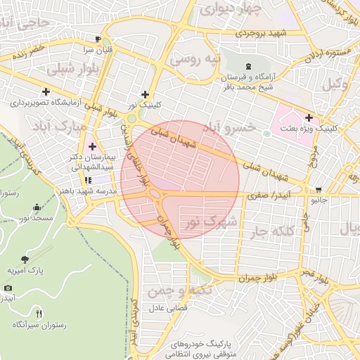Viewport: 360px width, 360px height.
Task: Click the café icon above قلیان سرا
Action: point(98,39)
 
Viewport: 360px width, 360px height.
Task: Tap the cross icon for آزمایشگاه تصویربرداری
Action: point(46,91)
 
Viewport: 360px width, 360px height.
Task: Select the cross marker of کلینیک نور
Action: point(145,94)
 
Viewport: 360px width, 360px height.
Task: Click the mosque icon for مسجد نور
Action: point(37,207)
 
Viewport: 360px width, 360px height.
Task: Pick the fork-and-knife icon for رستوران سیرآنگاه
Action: point(39,313)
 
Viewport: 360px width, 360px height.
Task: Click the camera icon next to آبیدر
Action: point(8,288)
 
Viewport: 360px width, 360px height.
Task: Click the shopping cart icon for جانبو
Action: point(319,189)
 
